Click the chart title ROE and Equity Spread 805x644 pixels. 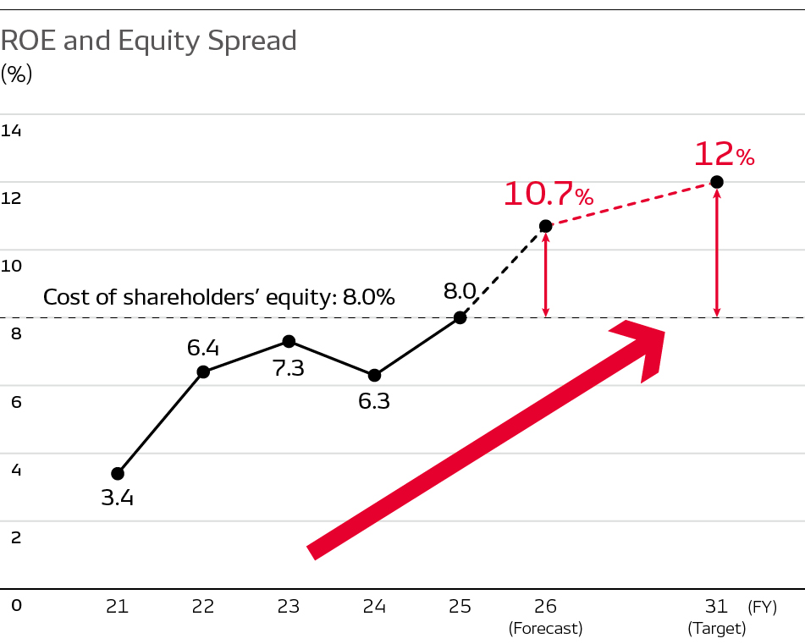[149, 41]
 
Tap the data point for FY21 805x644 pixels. [118, 474]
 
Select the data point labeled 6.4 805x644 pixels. [203, 372]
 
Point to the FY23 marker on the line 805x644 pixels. [289, 341]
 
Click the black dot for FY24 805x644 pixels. [374, 375]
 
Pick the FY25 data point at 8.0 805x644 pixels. [460, 317]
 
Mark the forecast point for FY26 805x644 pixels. [546, 226]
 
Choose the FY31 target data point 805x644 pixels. [716, 182]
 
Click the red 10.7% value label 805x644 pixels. [549, 195]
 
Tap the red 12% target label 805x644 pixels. [724, 155]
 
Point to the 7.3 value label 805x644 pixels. [289, 369]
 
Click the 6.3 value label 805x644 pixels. [374, 401]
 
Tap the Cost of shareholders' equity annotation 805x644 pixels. [219, 297]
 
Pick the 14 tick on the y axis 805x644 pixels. [12, 130]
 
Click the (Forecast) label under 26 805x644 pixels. [546, 629]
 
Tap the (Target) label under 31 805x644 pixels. [717, 629]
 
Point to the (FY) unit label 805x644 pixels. [762, 606]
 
